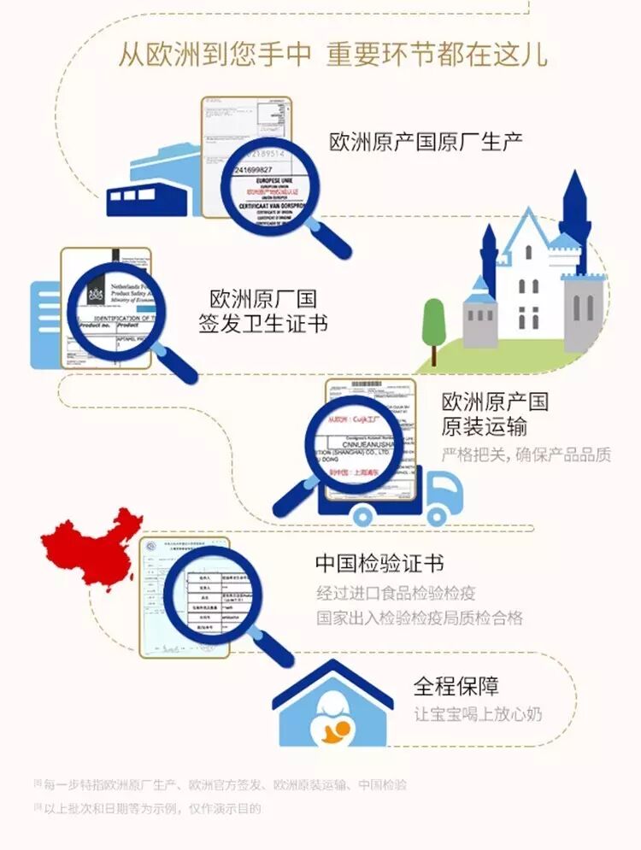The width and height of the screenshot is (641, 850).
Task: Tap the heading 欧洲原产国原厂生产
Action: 426,142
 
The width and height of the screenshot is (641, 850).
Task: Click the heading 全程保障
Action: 456,686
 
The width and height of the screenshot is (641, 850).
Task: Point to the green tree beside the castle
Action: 434,320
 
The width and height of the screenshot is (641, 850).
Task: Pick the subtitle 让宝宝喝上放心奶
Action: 478,714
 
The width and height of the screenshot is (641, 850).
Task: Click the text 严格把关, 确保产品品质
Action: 526,454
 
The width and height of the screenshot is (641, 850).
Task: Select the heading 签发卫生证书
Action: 263,325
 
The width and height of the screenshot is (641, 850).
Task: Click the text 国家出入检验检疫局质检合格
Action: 419,617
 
